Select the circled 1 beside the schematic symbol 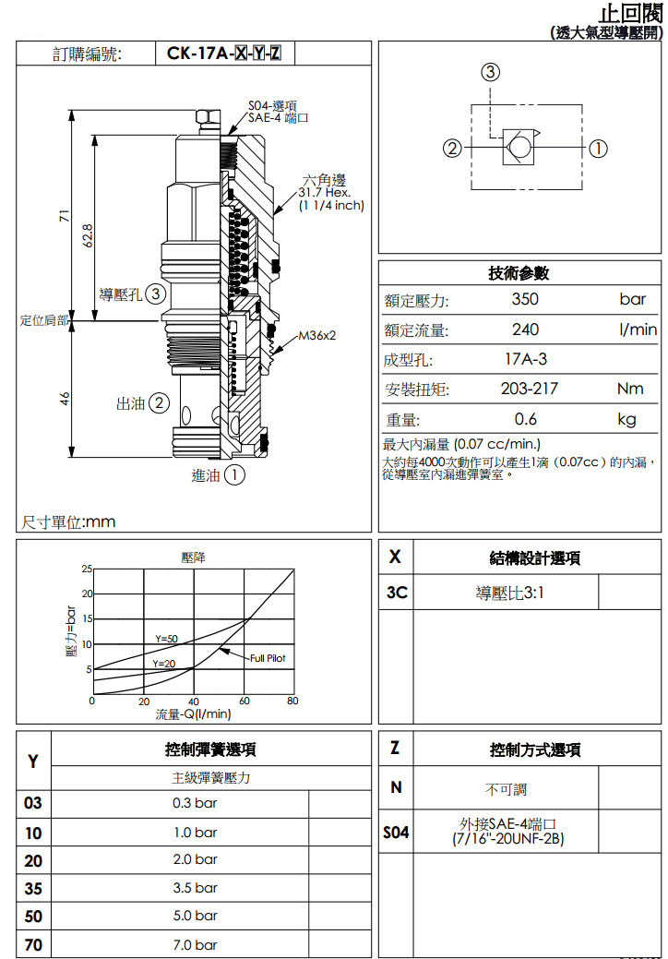(598, 148)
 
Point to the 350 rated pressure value (524, 299)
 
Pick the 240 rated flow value (524, 330)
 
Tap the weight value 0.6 (526, 419)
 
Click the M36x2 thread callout (316, 335)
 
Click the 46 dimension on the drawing (65, 398)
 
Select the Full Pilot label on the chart (268, 658)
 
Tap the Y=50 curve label (166, 639)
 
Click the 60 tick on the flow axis (244, 701)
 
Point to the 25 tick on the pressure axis (87, 568)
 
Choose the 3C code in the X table (396, 593)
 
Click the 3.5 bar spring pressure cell (195, 887)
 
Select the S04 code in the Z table (396, 833)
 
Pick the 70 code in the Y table (33, 944)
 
